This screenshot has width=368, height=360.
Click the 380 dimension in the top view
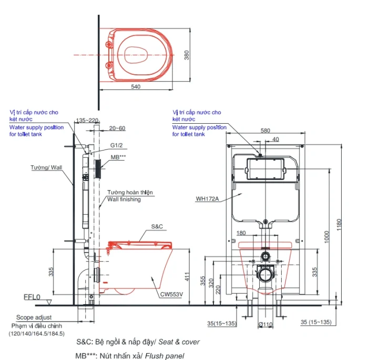pos(186,55)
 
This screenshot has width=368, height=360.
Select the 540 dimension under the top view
pos(136,87)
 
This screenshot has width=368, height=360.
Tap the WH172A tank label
pos(207,199)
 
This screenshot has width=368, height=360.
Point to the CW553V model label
pos(171,294)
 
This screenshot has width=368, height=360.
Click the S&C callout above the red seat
pos(157,226)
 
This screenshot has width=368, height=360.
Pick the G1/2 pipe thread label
pos(116,145)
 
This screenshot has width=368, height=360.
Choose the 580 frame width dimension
pos(265,131)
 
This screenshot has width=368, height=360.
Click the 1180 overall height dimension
pos(339,225)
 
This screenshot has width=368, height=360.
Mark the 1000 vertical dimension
pos(326,237)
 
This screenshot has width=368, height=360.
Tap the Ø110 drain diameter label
pos(265,325)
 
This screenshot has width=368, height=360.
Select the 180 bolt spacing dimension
pos(241,233)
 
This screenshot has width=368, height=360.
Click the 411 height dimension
pos(187,277)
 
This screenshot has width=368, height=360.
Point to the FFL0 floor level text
pos(32,297)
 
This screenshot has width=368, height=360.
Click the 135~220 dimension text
pos(87,121)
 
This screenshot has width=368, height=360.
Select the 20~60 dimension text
pos(117,128)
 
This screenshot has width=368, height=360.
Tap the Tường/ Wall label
pos(46,167)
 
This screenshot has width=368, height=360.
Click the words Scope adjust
pos(34,317)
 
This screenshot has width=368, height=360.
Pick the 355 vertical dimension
pos(203,281)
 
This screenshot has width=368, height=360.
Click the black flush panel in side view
pos(98,169)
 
